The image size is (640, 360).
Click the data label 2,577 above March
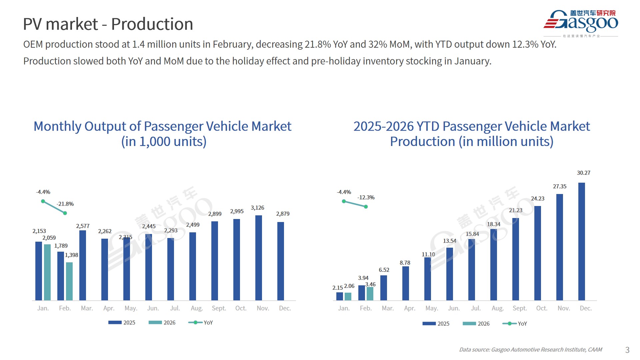pos(83,226)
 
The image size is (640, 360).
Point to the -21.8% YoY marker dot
pos(65,213)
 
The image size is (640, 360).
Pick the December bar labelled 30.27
pos(581,241)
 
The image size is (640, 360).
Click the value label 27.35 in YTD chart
pos(559,187)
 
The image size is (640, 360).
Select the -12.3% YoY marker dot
pos(366,207)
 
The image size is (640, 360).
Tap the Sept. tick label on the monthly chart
pos(219,308)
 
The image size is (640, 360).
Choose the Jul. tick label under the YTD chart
pos(476,308)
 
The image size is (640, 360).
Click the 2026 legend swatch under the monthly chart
pos(155,322)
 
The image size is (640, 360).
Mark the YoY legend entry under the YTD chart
pos(515,324)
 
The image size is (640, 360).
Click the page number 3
pos(627,350)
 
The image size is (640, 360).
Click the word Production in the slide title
pos(152,24)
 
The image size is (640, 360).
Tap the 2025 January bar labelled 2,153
pos(39,271)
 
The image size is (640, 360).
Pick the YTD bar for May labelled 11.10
pos(427,279)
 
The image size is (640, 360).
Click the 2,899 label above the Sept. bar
pos(215,214)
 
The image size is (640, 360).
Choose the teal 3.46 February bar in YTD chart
pos(370,293)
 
